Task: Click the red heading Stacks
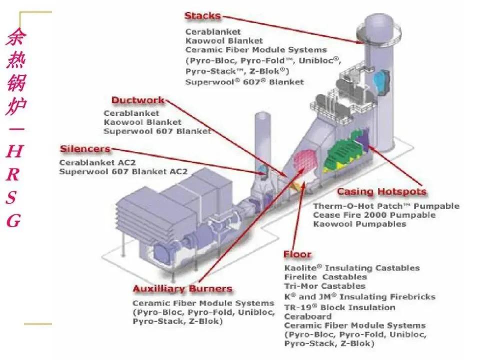coord(202,16)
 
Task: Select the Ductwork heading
coord(137,100)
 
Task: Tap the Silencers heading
coord(85,149)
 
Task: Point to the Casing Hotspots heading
coord(381,192)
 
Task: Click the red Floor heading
coord(297,254)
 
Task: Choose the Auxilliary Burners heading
coord(182,289)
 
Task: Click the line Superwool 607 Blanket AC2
coord(123,171)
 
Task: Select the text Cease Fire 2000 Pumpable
coord(374,215)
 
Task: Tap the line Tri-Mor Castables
coord(324,286)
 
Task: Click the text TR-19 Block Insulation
coord(339,307)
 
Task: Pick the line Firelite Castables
coord(325,277)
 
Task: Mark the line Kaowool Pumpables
coord(359,224)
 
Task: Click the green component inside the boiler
coord(345,150)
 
